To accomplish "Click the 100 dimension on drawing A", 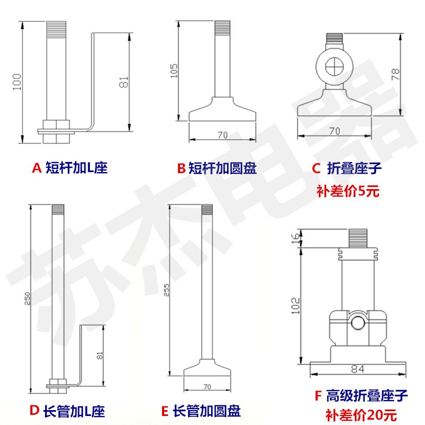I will click(18, 81).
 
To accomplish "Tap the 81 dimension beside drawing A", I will click(124, 83).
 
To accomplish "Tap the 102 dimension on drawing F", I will click(296, 307).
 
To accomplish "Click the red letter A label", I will click(37, 168).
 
